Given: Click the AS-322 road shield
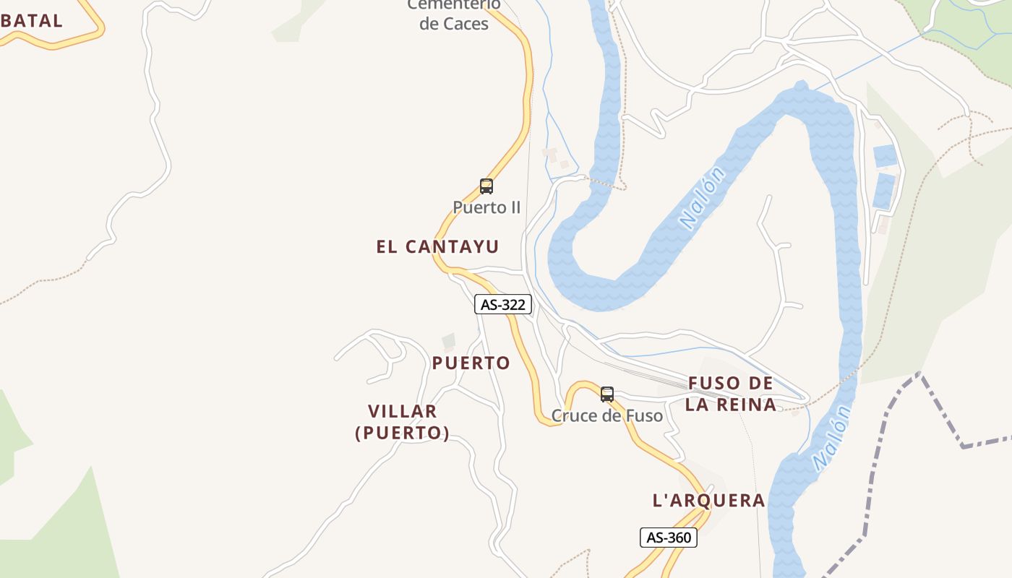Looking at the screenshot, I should (x=503, y=305).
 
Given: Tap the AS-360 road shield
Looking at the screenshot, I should (x=669, y=538).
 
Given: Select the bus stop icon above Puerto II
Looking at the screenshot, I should (x=486, y=186).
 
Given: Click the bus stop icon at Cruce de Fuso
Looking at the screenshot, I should (x=607, y=394).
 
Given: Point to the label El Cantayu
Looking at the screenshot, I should (x=437, y=246).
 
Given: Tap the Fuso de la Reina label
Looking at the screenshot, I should (x=731, y=394).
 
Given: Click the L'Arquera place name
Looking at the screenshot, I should (x=708, y=500).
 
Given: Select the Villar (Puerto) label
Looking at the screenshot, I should (x=403, y=422).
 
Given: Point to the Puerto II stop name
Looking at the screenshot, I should (x=486, y=207).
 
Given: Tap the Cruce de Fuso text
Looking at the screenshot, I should (x=607, y=415).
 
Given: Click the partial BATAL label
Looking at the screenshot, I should (x=32, y=20).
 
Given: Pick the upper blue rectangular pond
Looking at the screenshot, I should (x=885, y=155).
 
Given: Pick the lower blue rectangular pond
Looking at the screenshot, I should (x=883, y=191).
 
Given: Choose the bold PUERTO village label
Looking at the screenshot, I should (x=471, y=363).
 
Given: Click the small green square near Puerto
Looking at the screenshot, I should (x=449, y=340).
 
